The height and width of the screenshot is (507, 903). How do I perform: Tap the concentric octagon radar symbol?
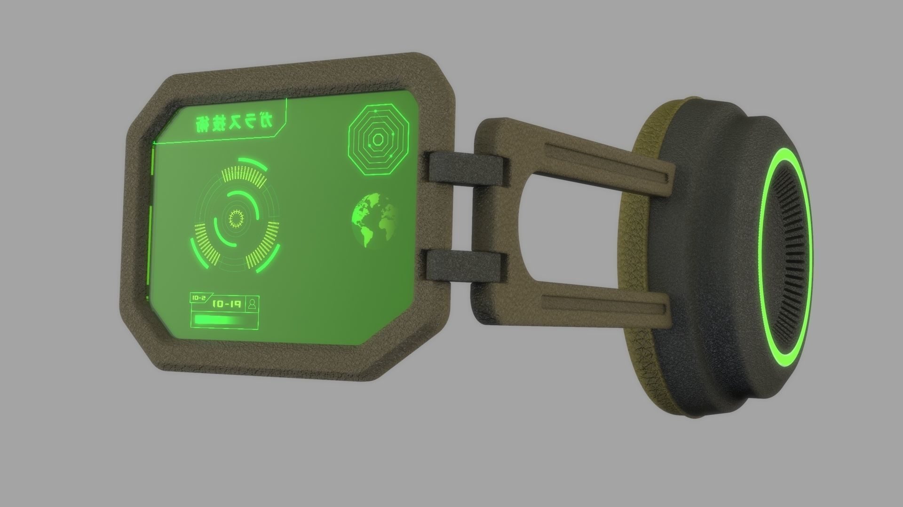pos(377,139)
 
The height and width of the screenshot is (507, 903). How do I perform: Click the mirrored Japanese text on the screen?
pos(233,123)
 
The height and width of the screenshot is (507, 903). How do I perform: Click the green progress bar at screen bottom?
pos(219,320)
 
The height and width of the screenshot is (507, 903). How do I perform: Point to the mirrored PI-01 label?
pos(227,304)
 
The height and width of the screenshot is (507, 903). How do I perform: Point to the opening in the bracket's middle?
pos(564,226)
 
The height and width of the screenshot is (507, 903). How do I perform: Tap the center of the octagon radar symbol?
pos(377,139)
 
